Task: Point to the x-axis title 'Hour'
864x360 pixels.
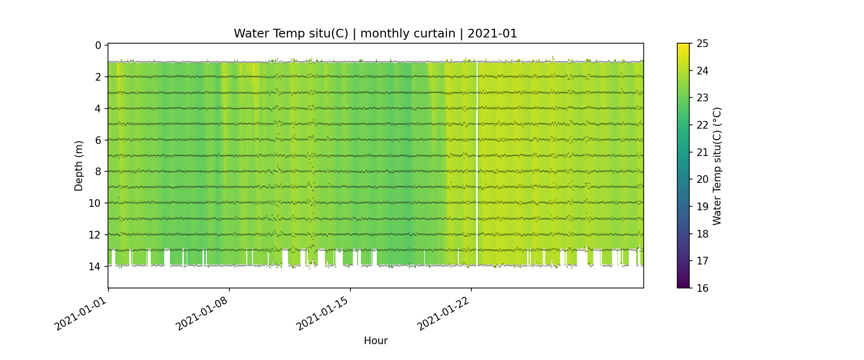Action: pos(375,341)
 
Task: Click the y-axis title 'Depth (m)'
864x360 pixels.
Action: pos(79,166)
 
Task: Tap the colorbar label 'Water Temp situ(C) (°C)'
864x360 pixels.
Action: pos(717,166)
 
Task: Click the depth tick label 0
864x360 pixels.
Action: pos(98,45)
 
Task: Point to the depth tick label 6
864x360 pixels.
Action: pos(98,140)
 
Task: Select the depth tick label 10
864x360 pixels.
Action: pos(95,203)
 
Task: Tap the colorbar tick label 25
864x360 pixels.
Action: pos(703,44)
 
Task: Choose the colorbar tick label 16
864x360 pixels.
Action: pos(703,288)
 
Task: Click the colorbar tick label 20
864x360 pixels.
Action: pos(703,180)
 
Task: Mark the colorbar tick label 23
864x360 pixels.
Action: pos(703,98)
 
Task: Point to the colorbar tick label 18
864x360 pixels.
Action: pos(703,234)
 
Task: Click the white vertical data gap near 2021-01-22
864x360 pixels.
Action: pos(477,163)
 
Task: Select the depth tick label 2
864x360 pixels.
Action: pos(98,77)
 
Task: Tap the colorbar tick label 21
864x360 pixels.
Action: pos(703,152)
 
